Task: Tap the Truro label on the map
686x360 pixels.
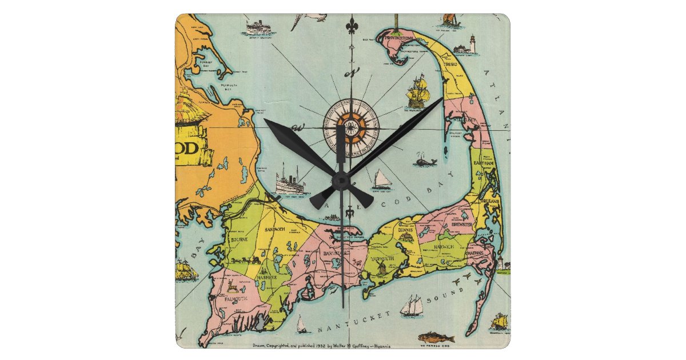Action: click(x=453, y=71)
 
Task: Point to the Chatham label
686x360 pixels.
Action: click(x=479, y=252)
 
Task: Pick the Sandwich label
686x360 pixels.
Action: click(x=272, y=228)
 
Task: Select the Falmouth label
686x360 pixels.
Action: click(x=236, y=298)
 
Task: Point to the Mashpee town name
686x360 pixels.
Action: click(x=266, y=277)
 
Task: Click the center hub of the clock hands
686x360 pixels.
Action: click(x=341, y=181)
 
